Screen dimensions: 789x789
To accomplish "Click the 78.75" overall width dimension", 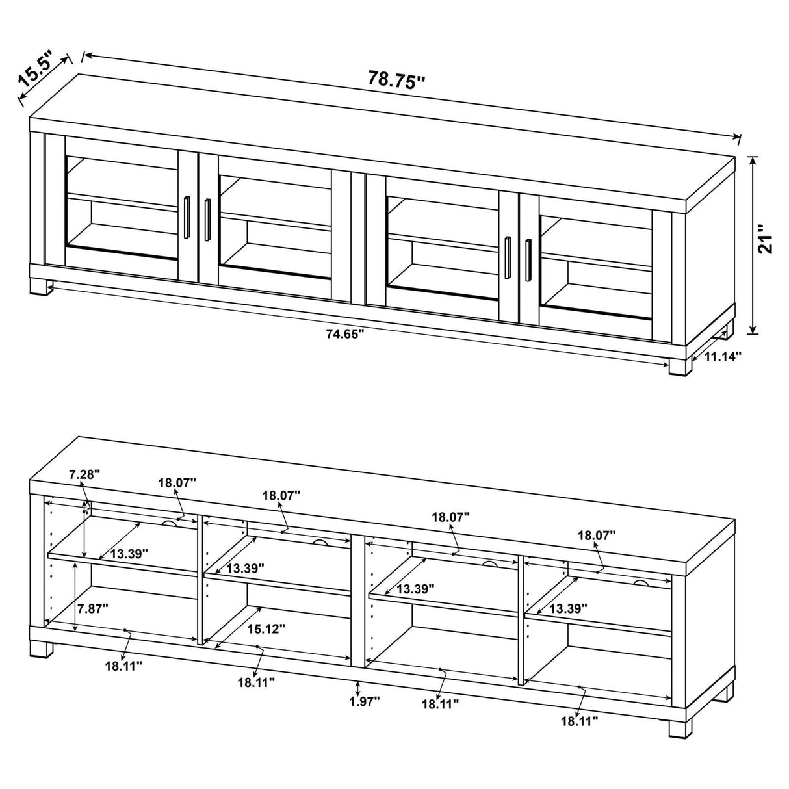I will click(x=396, y=79).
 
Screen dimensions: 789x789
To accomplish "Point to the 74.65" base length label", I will click(x=344, y=334).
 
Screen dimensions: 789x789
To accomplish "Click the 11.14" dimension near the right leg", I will click(x=721, y=356).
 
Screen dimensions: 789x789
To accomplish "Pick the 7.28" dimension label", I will click(x=84, y=475).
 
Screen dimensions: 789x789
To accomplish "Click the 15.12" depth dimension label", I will click(x=266, y=628).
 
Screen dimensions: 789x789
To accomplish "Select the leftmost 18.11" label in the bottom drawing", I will click(x=123, y=665).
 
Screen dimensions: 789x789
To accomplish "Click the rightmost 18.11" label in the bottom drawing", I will click(x=579, y=720).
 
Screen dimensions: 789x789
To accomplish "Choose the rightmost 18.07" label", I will click(x=597, y=536).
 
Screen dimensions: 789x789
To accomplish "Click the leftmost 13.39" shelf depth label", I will click(x=129, y=554).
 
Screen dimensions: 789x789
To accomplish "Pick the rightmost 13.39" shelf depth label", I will click(x=568, y=608).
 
